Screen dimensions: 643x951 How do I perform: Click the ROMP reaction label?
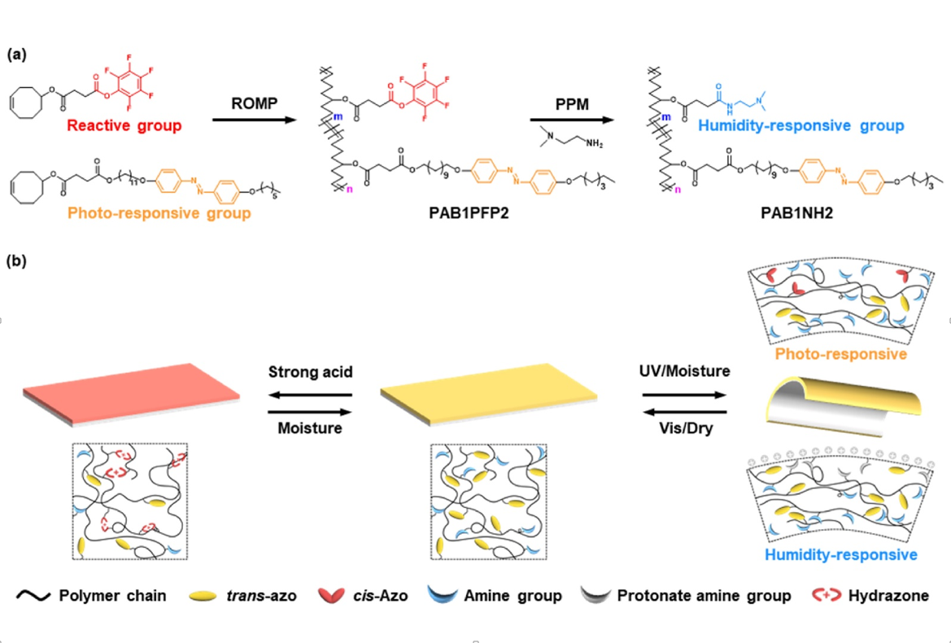(x=255, y=104)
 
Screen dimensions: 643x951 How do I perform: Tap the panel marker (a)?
(x=18, y=55)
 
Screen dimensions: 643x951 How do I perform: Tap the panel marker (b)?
(x=18, y=262)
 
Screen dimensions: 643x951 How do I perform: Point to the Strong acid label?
(x=310, y=373)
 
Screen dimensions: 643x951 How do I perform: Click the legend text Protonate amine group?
(x=704, y=596)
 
